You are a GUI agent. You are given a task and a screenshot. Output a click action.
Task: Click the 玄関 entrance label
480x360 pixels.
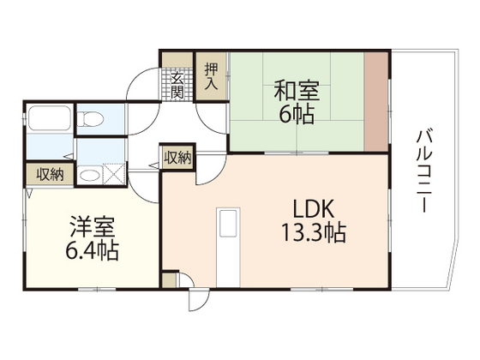point(177,87)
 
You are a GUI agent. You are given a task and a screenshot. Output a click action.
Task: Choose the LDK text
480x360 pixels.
point(305,208)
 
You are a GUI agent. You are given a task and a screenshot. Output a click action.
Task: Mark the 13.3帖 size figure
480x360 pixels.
point(306,232)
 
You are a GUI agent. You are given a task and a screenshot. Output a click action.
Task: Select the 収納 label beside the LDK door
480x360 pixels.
point(177,157)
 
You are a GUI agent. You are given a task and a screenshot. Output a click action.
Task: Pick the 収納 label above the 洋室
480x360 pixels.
point(49,174)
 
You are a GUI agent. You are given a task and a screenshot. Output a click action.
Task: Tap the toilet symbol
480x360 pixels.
point(91,119)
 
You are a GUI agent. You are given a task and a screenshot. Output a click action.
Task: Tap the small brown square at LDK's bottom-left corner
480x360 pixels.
point(169,279)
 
